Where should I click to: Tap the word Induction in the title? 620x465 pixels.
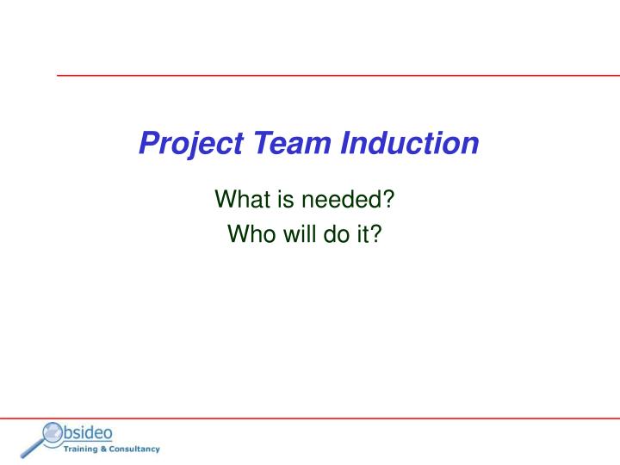(x=410, y=142)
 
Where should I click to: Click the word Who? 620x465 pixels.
(x=248, y=233)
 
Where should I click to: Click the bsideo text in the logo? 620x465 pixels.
(x=89, y=432)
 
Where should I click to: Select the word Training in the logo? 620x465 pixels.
(x=83, y=449)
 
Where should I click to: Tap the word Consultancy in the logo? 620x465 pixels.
(x=134, y=449)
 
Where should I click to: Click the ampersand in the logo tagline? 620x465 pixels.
(x=104, y=449)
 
